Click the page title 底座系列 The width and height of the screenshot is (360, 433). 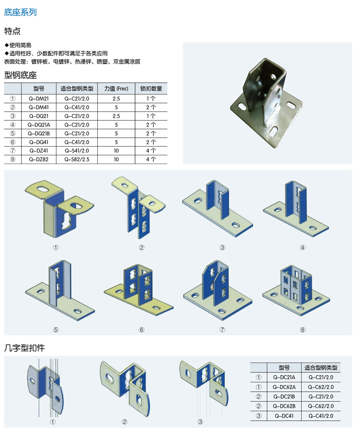click(x=20, y=12)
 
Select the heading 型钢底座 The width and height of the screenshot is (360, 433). click(x=20, y=75)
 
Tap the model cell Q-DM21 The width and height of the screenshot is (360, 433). click(x=39, y=99)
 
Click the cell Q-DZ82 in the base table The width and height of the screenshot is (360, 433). click(x=39, y=159)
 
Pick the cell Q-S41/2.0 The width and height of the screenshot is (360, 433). click(x=77, y=151)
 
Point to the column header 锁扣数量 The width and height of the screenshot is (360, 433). click(x=151, y=88)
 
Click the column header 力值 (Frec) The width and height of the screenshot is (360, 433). click(x=116, y=88)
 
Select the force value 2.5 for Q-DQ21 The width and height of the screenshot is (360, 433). click(x=116, y=116)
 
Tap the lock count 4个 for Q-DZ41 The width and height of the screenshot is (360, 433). click(x=151, y=151)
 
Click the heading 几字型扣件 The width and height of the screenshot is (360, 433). click(x=25, y=348)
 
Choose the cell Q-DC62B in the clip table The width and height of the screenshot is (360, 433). click(x=284, y=406)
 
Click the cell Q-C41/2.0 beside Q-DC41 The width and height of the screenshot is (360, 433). click(x=321, y=416)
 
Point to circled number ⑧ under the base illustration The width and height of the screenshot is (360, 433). click(x=302, y=330)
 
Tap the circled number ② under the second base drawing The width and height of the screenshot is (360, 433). click(x=142, y=248)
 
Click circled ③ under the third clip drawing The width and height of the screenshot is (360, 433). click(x=200, y=422)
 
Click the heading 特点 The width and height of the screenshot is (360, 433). click(x=12, y=31)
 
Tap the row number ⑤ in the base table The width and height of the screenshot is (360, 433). click(x=13, y=133)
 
